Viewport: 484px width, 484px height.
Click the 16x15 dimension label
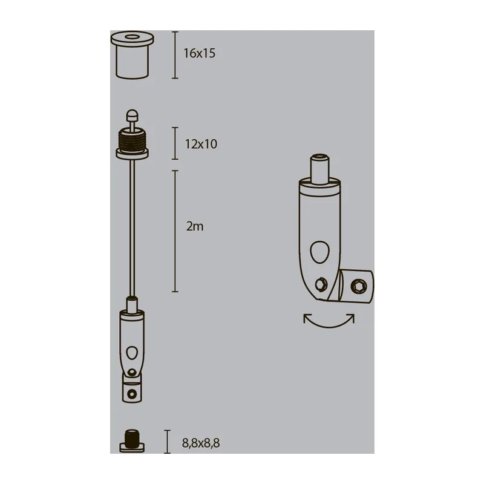(200, 53)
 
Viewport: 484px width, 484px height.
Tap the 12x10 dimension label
(201, 144)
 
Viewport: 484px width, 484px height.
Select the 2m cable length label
(195, 226)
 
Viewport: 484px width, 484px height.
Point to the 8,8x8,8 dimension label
(201, 443)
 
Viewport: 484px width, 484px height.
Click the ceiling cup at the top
(132, 55)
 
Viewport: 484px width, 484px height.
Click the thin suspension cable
(132, 228)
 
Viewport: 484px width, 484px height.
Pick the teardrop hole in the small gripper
(132, 353)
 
